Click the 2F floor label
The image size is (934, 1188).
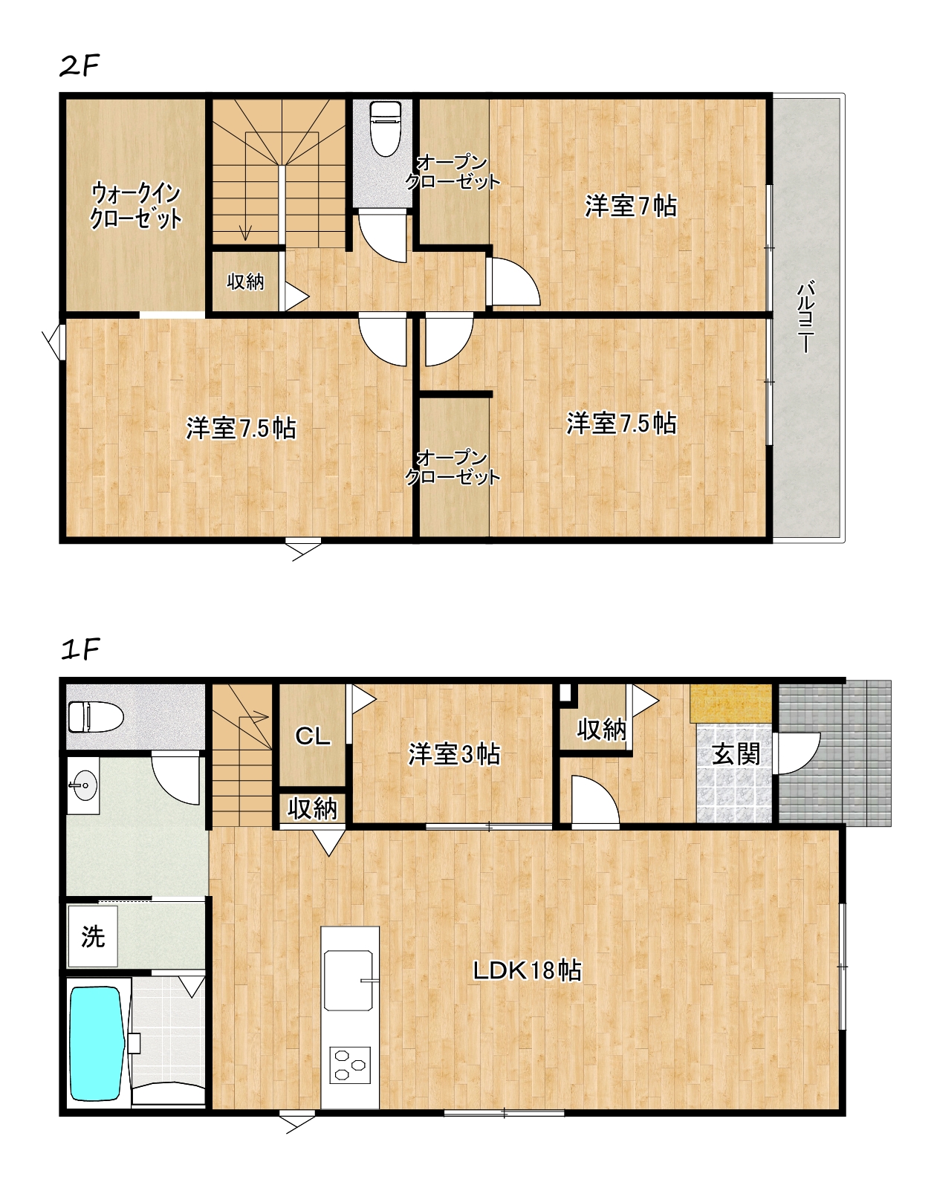[80, 66]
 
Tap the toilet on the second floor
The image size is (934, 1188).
[386, 129]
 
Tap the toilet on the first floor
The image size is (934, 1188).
[96, 716]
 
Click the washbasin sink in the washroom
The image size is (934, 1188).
[85, 785]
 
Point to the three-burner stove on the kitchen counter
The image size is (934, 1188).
[350, 1065]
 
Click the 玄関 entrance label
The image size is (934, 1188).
[736, 755]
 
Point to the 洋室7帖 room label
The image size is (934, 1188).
[630, 206]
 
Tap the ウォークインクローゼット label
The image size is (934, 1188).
[136, 205]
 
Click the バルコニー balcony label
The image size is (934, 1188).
[806, 317]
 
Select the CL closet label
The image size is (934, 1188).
[312, 736]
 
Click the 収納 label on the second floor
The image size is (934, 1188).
[245, 282]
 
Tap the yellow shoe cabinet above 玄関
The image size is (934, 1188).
[731, 703]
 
